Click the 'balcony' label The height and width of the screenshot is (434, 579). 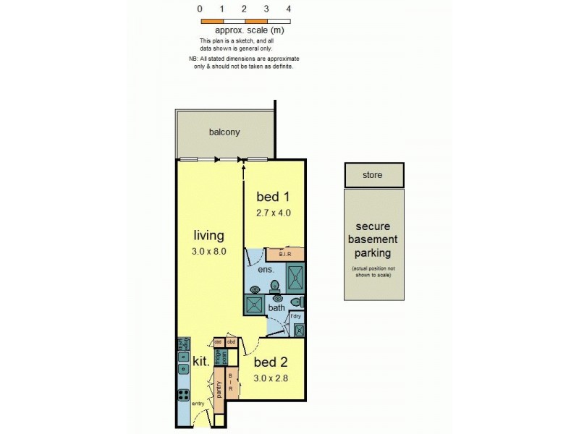[224, 132]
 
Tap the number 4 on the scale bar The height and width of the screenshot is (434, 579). [289, 9]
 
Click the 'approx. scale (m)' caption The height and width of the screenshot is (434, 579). [245, 30]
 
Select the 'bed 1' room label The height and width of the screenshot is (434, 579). [273, 197]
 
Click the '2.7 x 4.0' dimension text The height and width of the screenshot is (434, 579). [273, 213]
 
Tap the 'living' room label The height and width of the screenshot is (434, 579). [208, 235]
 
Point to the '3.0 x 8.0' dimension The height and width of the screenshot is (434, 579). [208, 252]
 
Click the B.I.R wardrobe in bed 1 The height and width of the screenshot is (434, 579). [284, 255]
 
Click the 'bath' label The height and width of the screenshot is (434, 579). [277, 308]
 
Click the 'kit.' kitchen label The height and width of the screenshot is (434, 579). [200, 361]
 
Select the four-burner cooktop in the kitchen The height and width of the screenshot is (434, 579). [183, 396]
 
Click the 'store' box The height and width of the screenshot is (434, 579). [373, 175]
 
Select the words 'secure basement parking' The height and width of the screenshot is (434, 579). [373, 239]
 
